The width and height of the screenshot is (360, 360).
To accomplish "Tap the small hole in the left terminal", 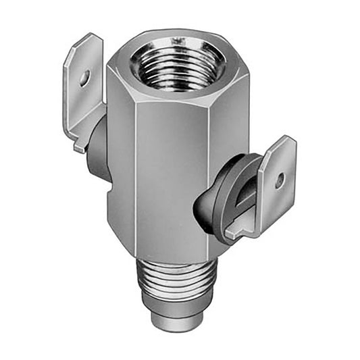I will point(84,79).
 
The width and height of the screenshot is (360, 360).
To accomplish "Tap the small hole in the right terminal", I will point(279,180).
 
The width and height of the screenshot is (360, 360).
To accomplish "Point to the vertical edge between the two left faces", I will point(136,169).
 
